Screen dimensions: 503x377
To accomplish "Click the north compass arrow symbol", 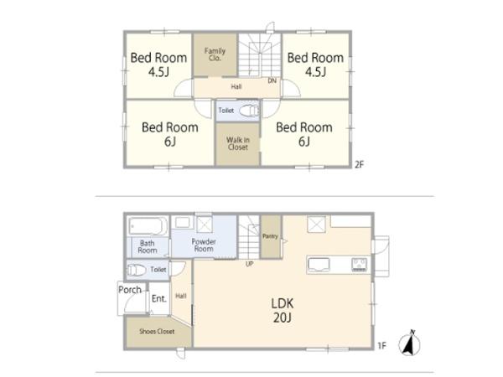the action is [x=409, y=343].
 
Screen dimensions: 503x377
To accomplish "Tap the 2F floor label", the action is [x=360, y=165].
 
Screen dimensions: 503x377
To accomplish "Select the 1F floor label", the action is [x=381, y=345].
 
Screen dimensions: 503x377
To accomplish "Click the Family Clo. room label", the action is [x=215, y=54].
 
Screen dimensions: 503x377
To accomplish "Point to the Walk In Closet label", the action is [x=238, y=143].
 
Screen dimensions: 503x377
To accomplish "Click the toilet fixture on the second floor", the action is [x=249, y=111].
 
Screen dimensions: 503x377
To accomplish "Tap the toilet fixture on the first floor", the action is [x=137, y=270].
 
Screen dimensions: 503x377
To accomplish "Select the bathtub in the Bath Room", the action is [x=148, y=226].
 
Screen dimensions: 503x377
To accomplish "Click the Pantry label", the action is [x=270, y=236].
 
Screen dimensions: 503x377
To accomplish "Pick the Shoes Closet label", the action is [x=157, y=332].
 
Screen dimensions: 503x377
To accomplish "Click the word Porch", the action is [x=130, y=290].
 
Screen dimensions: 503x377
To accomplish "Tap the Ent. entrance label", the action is [x=159, y=299].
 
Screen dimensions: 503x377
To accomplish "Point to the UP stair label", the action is [x=249, y=264].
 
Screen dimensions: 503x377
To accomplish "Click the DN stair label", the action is [x=272, y=80].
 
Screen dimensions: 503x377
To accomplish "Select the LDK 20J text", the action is [x=283, y=310].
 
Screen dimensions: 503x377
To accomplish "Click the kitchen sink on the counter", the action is [x=319, y=265].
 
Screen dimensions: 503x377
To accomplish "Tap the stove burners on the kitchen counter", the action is [x=360, y=265].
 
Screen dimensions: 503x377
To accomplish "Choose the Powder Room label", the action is [x=204, y=245].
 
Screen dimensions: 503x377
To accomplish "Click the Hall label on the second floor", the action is [x=236, y=86].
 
